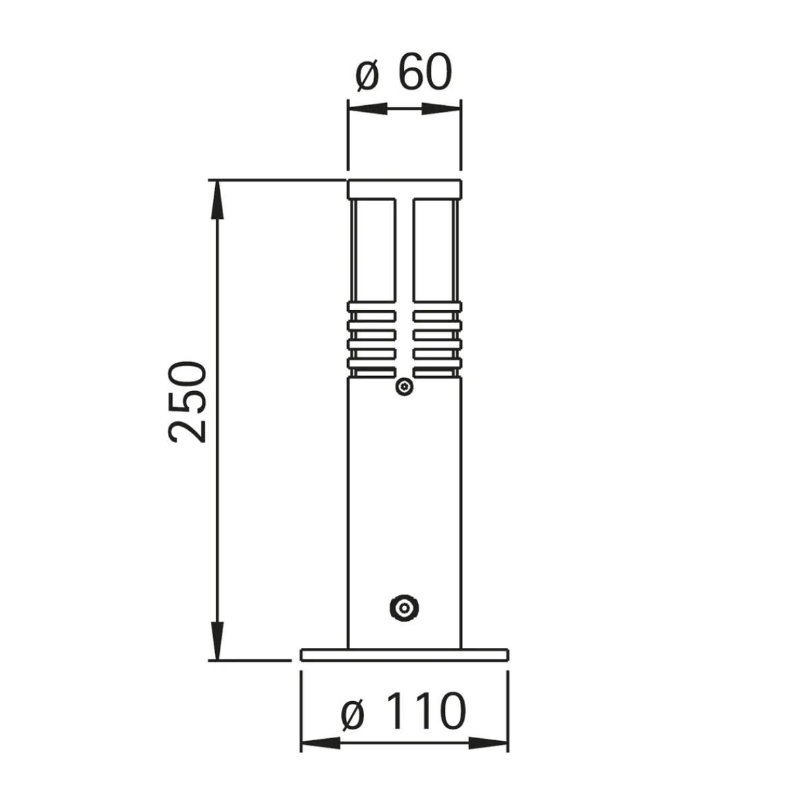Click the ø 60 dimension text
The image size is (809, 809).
point(403,73)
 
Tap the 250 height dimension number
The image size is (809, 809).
point(187,402)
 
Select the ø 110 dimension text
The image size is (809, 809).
point(403,711)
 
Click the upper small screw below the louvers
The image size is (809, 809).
point(404,387)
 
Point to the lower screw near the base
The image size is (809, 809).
point(404,608)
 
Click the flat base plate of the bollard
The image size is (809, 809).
point(404,655)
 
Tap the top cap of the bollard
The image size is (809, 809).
point(404,189)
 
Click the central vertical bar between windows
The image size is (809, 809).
point(404,283)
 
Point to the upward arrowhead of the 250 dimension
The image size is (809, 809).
point(216,200)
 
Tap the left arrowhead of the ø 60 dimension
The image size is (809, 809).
point(367,109)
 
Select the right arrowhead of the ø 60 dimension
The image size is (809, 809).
point(441,109)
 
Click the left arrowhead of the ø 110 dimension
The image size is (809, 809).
point(320,744)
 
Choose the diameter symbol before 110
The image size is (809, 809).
point(353,713)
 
